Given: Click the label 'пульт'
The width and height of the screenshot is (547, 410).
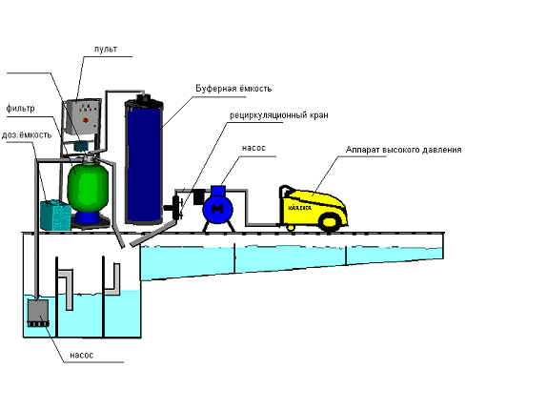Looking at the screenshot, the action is click(x=106, y=50).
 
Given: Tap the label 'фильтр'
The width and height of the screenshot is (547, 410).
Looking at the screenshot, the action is click(x=20, y=109).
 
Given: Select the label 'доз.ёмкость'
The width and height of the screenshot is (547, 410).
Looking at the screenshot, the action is click(x=27, y=134).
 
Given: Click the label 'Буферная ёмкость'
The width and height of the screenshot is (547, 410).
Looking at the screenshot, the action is click(x=233, y=89).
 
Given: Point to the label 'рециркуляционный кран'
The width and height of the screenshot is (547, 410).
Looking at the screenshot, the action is click(x=278, y=115).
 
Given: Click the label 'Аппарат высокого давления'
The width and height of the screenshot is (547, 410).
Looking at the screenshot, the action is click(x=404, y=150).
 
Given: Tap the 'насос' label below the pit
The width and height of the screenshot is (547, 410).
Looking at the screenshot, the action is click(x=82, y=356).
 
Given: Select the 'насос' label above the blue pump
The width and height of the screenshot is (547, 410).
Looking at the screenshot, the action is click(x=253, y=148).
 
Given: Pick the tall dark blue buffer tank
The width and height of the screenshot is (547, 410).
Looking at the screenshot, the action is click(x=144, y=162).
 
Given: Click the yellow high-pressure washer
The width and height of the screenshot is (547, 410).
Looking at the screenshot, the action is click(x=314, y=208).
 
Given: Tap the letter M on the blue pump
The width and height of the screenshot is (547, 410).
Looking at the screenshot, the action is click(x=217, y=209).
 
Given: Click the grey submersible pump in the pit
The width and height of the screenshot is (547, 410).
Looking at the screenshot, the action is click(x=38, y=313).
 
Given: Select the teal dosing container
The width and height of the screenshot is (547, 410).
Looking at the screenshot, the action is click(x=56, y=215).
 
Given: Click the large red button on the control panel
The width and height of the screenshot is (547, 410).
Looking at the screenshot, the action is click(x=86, y=121).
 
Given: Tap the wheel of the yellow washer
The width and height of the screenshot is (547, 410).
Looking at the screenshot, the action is click(x=330, y=222).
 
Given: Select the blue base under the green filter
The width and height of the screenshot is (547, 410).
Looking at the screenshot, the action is click(x=88, y=217).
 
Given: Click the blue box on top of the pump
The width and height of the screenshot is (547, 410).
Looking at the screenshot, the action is click(x=218, y=192).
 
